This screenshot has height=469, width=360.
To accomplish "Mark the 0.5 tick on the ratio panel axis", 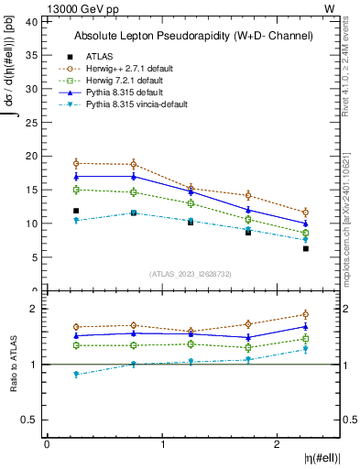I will pos(32,420).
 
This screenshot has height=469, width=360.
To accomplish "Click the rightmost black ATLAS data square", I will pos(306,248).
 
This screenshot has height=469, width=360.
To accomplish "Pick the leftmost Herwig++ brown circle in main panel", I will pos(76,164).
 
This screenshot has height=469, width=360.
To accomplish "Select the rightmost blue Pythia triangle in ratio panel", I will pos(306,326).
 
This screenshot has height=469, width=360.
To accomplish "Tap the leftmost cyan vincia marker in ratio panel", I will pos(76,374).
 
